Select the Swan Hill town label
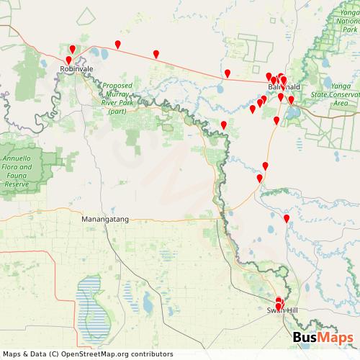pyautogui.click(x=280, y=310)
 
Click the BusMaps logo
pyautogui.click(x=323, y=338)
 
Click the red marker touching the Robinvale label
pyautogui.click(x=69, y=60)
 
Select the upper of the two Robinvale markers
pyautogui.click(x=73, y=49)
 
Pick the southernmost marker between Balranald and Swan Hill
pyautogui.click(x=287, y=217)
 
